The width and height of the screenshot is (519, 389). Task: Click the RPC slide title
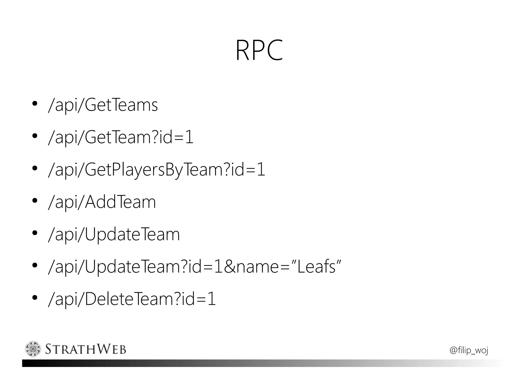tap(259, 50)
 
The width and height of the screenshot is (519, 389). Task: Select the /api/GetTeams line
tap(103, 105)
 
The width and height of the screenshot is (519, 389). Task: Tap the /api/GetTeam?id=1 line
tap(120, 137)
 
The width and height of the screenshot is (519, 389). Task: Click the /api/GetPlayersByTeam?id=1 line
tap(156, 170)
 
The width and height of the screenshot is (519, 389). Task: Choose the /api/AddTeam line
tap(102, 202)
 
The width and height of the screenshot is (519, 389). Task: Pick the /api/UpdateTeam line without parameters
tap(114, 234)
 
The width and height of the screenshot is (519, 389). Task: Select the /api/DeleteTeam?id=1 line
tap(132, 299)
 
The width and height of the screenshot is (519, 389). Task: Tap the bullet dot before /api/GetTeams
tap(35, 104)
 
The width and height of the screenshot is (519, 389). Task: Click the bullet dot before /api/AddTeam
tap(35, 201)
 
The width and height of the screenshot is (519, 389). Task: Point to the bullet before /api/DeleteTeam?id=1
tap(35, 298)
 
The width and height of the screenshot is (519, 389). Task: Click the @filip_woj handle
tap(469, 350)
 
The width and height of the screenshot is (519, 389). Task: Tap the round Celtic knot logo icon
tap(33, 349)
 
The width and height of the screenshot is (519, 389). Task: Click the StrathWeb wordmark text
tap(85, 349)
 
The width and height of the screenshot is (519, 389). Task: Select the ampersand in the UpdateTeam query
tap(229, 267)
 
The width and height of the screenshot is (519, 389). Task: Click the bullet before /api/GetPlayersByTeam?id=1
tap(35, 168)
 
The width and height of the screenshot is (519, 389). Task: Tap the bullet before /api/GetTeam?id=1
tap(35, 136)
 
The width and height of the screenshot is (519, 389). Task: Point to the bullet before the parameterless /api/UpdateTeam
tap(35, 233)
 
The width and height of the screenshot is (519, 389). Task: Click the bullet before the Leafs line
tap(35, 265)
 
